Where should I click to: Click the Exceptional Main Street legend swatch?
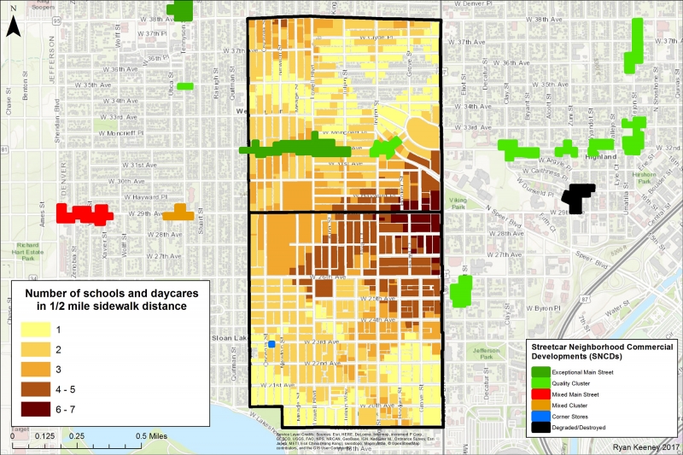(541, 373)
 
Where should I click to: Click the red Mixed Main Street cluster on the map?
(83, 213)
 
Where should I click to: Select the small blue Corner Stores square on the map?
(271, 344)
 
